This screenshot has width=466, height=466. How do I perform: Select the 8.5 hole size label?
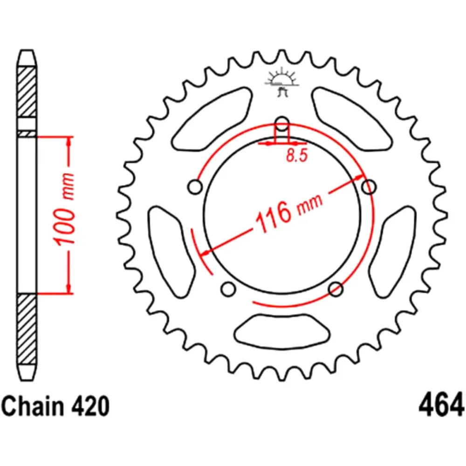coord(297,155)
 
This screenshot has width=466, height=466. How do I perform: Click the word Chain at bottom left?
coord(33,406)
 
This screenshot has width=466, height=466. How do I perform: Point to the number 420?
coord(90,406)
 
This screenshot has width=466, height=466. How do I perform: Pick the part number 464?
coord(441,404)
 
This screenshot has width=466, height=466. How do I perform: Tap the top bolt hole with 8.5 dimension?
coord(282,123)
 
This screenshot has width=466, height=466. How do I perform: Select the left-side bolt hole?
coord(195,187)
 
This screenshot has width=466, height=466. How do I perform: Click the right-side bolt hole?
coord(369,187)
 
